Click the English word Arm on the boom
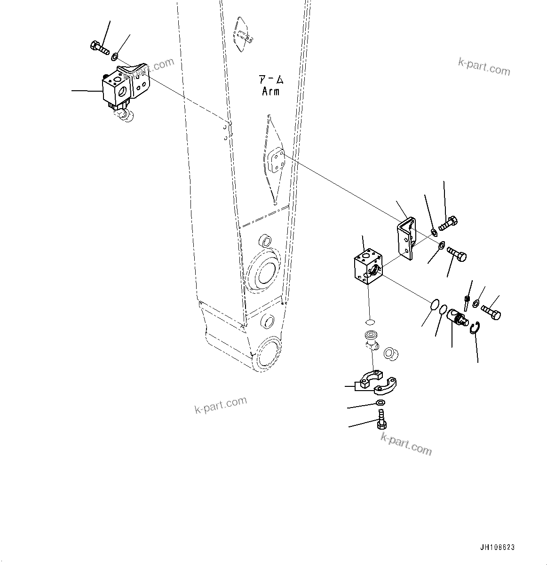(270, 91)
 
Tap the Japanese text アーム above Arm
(270, 79)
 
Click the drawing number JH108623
(497, 548)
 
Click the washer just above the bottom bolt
(381, 402)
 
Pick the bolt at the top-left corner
(98, 47)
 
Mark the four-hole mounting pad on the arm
(276, 162)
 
